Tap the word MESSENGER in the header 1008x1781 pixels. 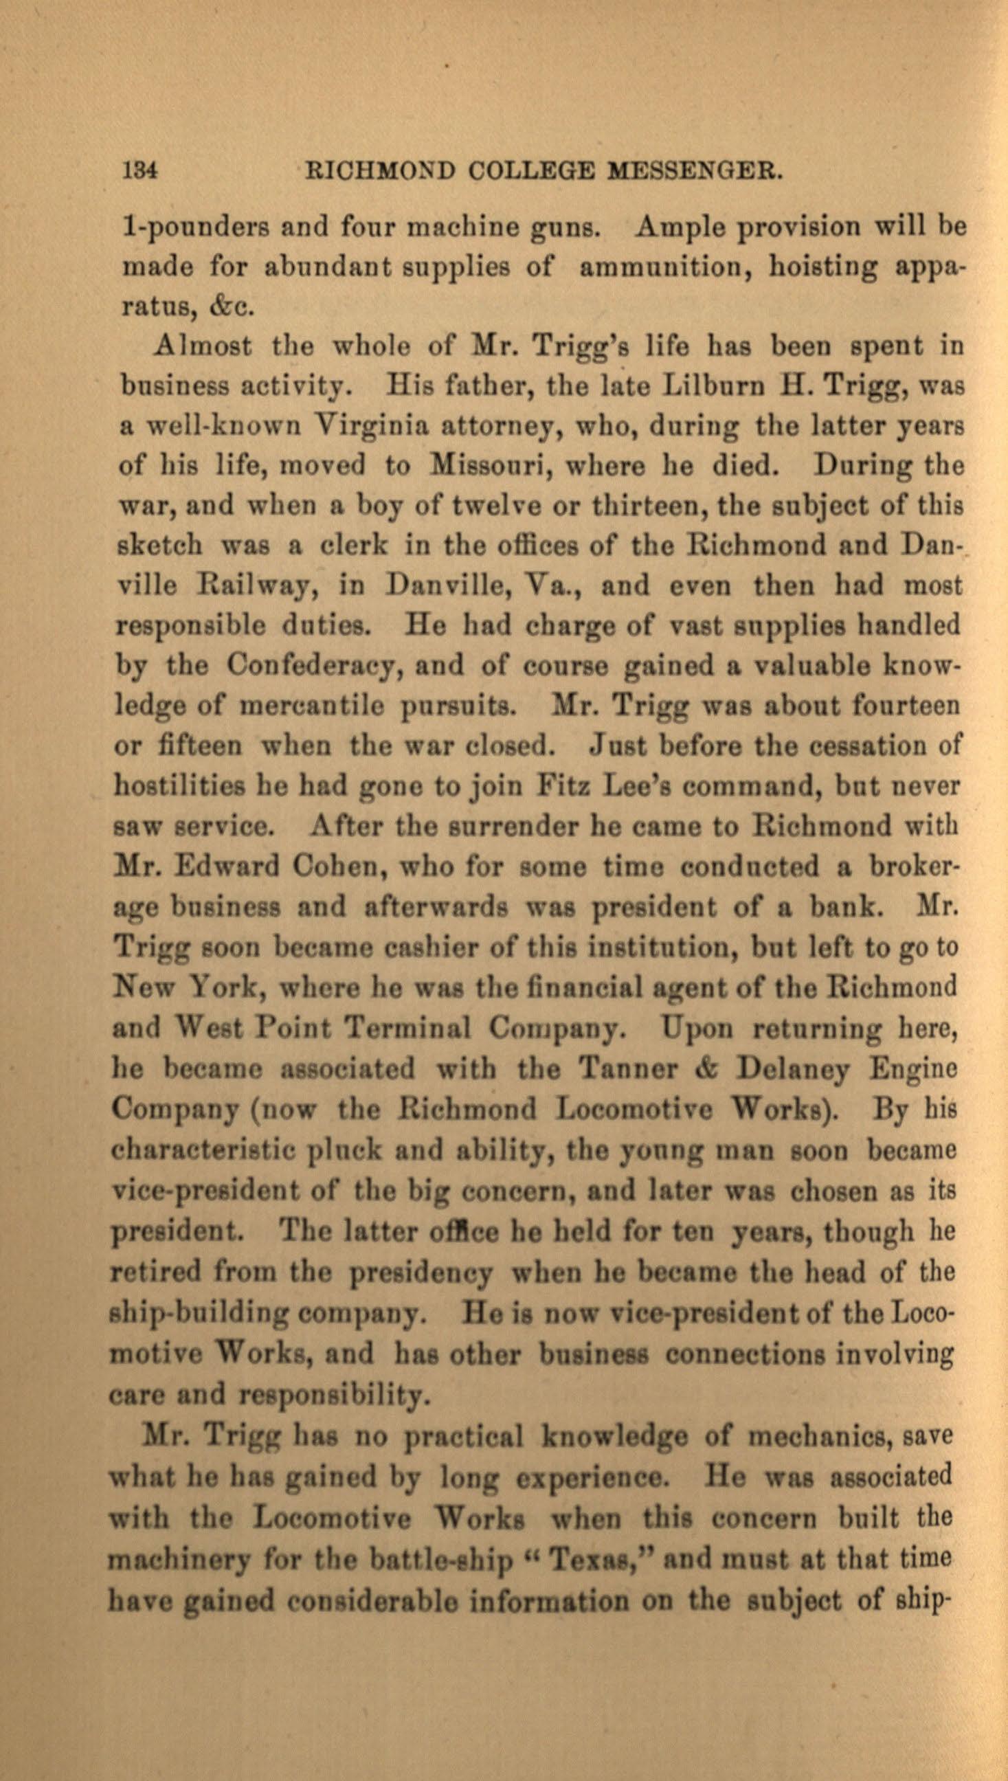click(x=695, y=171)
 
